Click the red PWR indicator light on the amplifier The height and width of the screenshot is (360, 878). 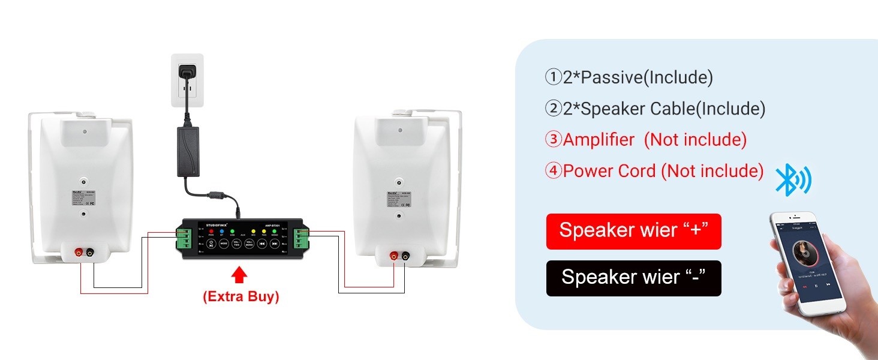coord(211,231)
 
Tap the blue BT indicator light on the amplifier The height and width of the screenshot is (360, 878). coord(221,231)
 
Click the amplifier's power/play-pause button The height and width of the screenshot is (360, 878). coord(211,244)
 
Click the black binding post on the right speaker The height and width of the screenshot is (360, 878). coord(405,256)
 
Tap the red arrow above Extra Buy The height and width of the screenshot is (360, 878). coord(239,275)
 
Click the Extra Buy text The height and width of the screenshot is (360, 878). coord(240,296)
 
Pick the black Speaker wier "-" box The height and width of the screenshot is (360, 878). coord(633,278)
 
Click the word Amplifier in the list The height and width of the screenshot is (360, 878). coord(599,140)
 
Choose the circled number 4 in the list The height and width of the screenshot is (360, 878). coord(552,171)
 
